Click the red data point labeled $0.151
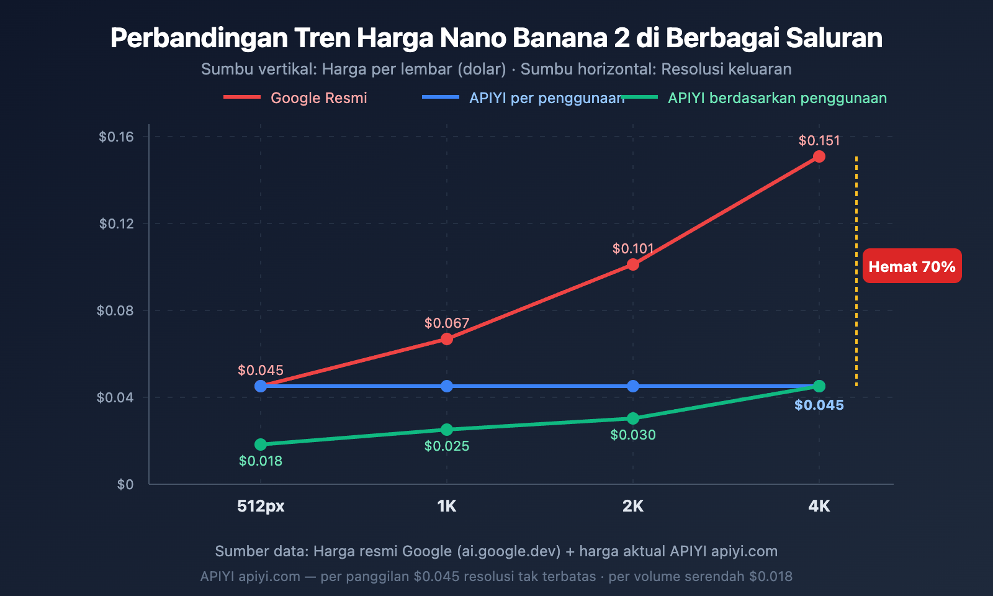pyautogui.click(x=819, y=156)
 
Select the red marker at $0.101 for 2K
pyautogui.click(x=632, y=264)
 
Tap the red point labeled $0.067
pyautogui.click(x=446, y=339)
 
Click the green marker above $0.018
pyautogui.click(x=261, y=445)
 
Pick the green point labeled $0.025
pyautogui.click(x=446, y=430)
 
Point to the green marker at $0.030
pyautogui.click(x=632, y=418)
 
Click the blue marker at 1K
pyautogui.click(x=446, y=386)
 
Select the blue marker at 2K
pyautogui.click(x=632, y=386)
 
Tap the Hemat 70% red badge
pyautogui.click(x=912, y=266)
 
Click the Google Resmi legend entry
pyautogui.click(x=318, y=98)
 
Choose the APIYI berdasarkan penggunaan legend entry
pyautogui.click(x=777, y=98)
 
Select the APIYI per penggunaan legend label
pyautogui.click(x=546, y=98)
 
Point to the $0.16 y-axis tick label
pyautogui.click(x=116, y=137)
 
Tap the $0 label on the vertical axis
pyautogui.click(x=125, y=484)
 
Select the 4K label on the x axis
pyautogui.click(x=819, y=506)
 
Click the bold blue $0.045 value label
pyautogui.click(x=819, y=405)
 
